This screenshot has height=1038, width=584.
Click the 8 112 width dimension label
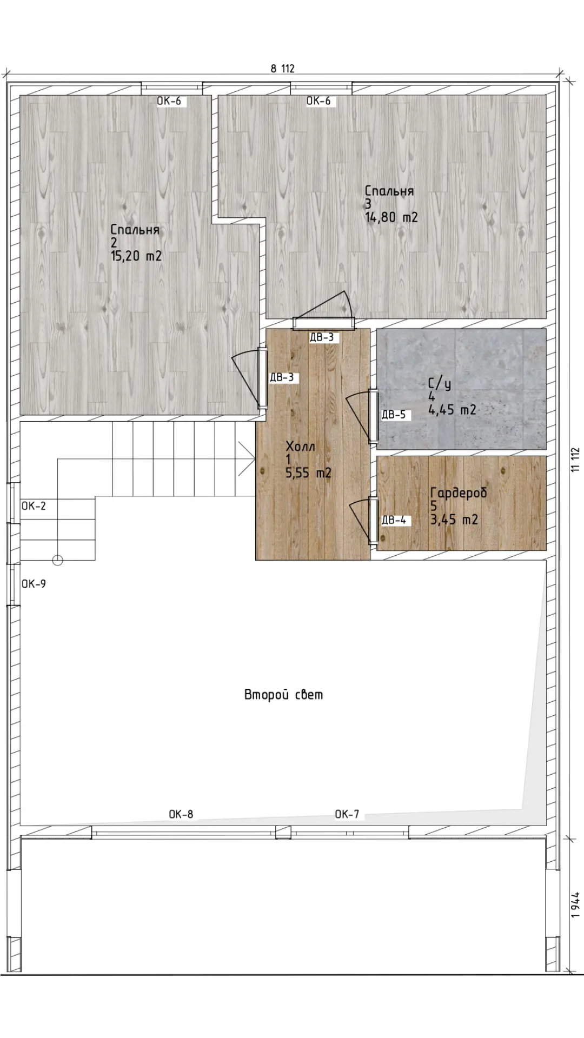coord(282,68)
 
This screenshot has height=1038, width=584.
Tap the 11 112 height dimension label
coord(575,460)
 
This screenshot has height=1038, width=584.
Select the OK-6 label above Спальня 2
coord(169,101)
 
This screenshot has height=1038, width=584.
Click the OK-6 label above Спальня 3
coord(318,101)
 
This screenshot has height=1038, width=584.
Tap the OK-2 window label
coord(34,506)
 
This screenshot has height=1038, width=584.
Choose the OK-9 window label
coord(34,584)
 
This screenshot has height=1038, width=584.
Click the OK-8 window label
coord(181,814)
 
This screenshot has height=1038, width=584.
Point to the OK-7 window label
coord(347,814)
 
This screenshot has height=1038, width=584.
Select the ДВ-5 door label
coord(393,415)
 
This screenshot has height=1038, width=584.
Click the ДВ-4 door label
coord(394,520)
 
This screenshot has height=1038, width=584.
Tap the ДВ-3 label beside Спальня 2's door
coord(282,377)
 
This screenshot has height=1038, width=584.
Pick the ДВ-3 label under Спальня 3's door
coord(322,337)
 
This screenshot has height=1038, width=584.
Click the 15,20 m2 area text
coord(136,256)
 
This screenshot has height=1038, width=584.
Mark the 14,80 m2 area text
coord(391,217)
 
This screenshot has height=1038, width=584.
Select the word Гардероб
coord(459,493)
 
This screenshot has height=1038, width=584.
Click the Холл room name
coord(300,447)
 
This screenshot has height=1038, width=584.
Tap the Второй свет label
coord(284,695)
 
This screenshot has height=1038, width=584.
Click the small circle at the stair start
coord(58,560)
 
